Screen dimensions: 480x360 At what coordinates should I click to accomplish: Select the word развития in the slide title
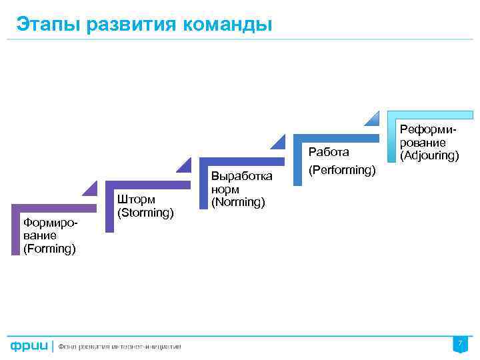pyautogui.click(x=125, y=24)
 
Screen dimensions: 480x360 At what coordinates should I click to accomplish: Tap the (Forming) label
pyautogui.click(x=49, y=249)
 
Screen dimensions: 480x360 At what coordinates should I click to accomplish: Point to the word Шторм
pyautogui.click(x=136, y=199)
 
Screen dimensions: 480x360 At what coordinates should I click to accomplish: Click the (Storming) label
pyautogui.click(x=145, y=213)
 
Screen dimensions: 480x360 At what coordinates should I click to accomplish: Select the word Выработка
pyautogui.click(x=241, y=176)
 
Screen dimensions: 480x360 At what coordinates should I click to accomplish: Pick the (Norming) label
pyautogui.click(x=238, y=201)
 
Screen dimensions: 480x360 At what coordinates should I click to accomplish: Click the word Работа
pyautogui.click(x=329, y=152)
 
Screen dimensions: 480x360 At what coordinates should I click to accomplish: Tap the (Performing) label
pyautogui.click(x=342, y=170)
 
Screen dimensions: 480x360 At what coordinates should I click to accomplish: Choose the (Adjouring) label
pyautogui.click(x=429, y=156)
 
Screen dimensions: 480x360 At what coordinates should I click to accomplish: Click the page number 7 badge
pyautogui.click(x=459, y=344)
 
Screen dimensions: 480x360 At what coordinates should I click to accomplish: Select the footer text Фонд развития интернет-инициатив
pyautogui.click(x=120, y=347)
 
